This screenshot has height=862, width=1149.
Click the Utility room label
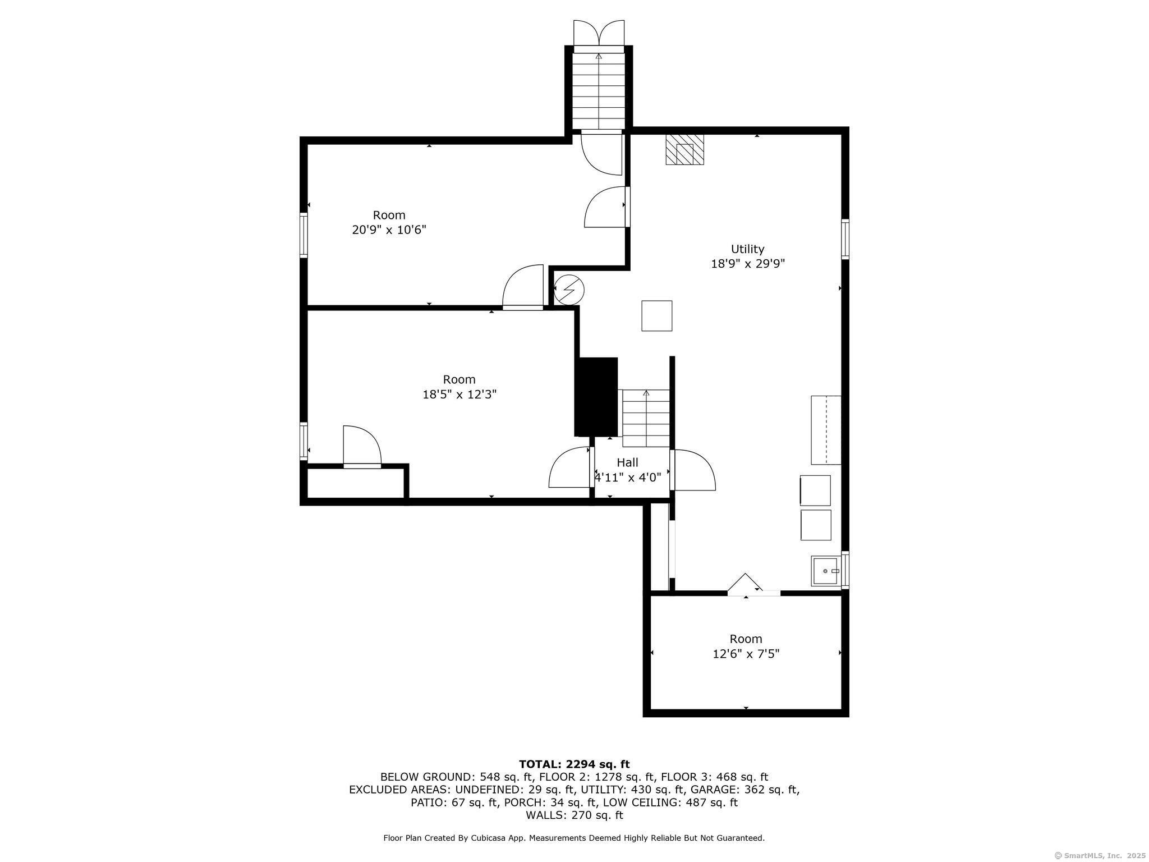(x=747, y=249)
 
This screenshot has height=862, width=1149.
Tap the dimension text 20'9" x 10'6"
(x=389, y=230)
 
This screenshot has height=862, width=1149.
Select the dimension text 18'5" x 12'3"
(x=459, y=394)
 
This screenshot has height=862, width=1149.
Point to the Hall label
(x=627, y=462)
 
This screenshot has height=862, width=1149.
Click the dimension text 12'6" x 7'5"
(x=746, y=654)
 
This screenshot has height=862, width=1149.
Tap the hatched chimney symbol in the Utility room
(x=684, y=149)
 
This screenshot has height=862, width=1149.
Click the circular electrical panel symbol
(x=569, y=290)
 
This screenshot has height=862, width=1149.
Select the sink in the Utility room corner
(x=826, y=571)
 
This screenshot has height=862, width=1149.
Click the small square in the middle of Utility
(x=657, y=316)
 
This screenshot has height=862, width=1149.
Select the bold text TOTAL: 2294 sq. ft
(x=574, y=764)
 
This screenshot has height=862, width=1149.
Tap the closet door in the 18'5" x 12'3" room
(x=362, y=446)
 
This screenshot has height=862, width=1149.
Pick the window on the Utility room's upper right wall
(x=845, y=239)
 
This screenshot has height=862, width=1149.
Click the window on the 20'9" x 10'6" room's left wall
(x=304, y=235)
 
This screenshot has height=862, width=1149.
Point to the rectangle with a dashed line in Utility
(x=826, y=430)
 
